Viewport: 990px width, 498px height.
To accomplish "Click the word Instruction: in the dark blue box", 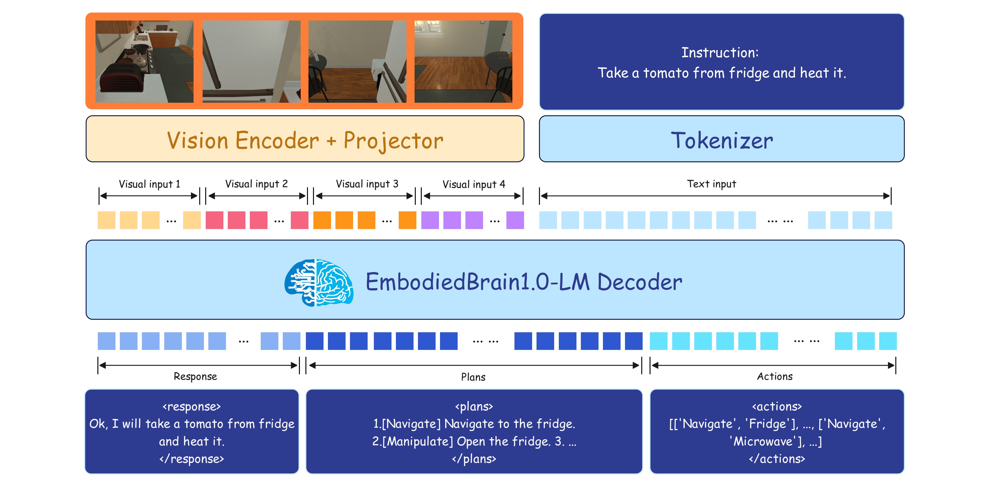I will tap(720, 53).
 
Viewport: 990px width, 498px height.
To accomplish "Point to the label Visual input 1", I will tap(149, 184).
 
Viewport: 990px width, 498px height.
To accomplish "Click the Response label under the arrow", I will tap(195, 376).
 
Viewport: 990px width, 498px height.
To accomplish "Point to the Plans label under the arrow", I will tap(473, 377).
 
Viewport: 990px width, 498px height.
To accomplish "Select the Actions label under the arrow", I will tap(774, 376).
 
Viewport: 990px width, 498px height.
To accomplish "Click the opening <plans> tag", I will tap(474, 406).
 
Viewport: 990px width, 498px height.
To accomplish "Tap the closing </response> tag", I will tap(191, 458).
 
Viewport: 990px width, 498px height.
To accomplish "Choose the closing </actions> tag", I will tap(777, 458).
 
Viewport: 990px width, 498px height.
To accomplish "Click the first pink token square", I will tap(215, 220).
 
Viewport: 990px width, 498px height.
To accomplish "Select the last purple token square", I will tap(515, 220).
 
